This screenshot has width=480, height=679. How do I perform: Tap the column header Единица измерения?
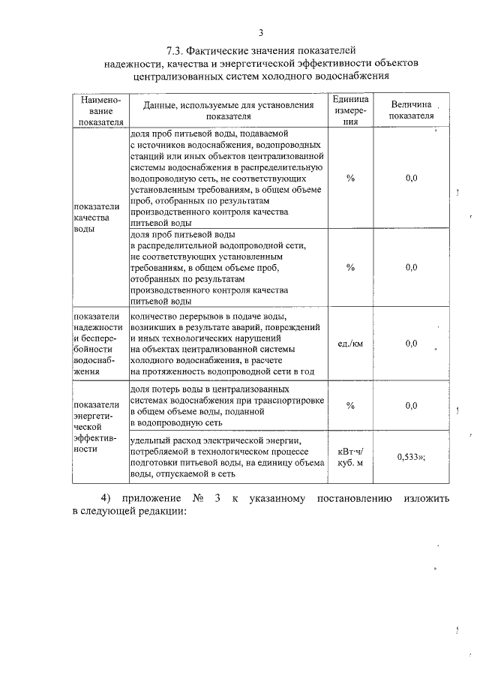click(x=349, y=111)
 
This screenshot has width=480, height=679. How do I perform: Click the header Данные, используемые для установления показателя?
click(x=226, y=111)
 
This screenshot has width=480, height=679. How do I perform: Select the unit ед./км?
click(x=349, y=344)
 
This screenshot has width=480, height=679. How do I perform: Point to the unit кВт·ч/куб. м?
click(x=349, y=455)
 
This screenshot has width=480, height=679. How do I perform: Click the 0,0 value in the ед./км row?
click(x=411, y=344)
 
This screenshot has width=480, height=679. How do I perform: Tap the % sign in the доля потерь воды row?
click(x=349, y=406)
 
